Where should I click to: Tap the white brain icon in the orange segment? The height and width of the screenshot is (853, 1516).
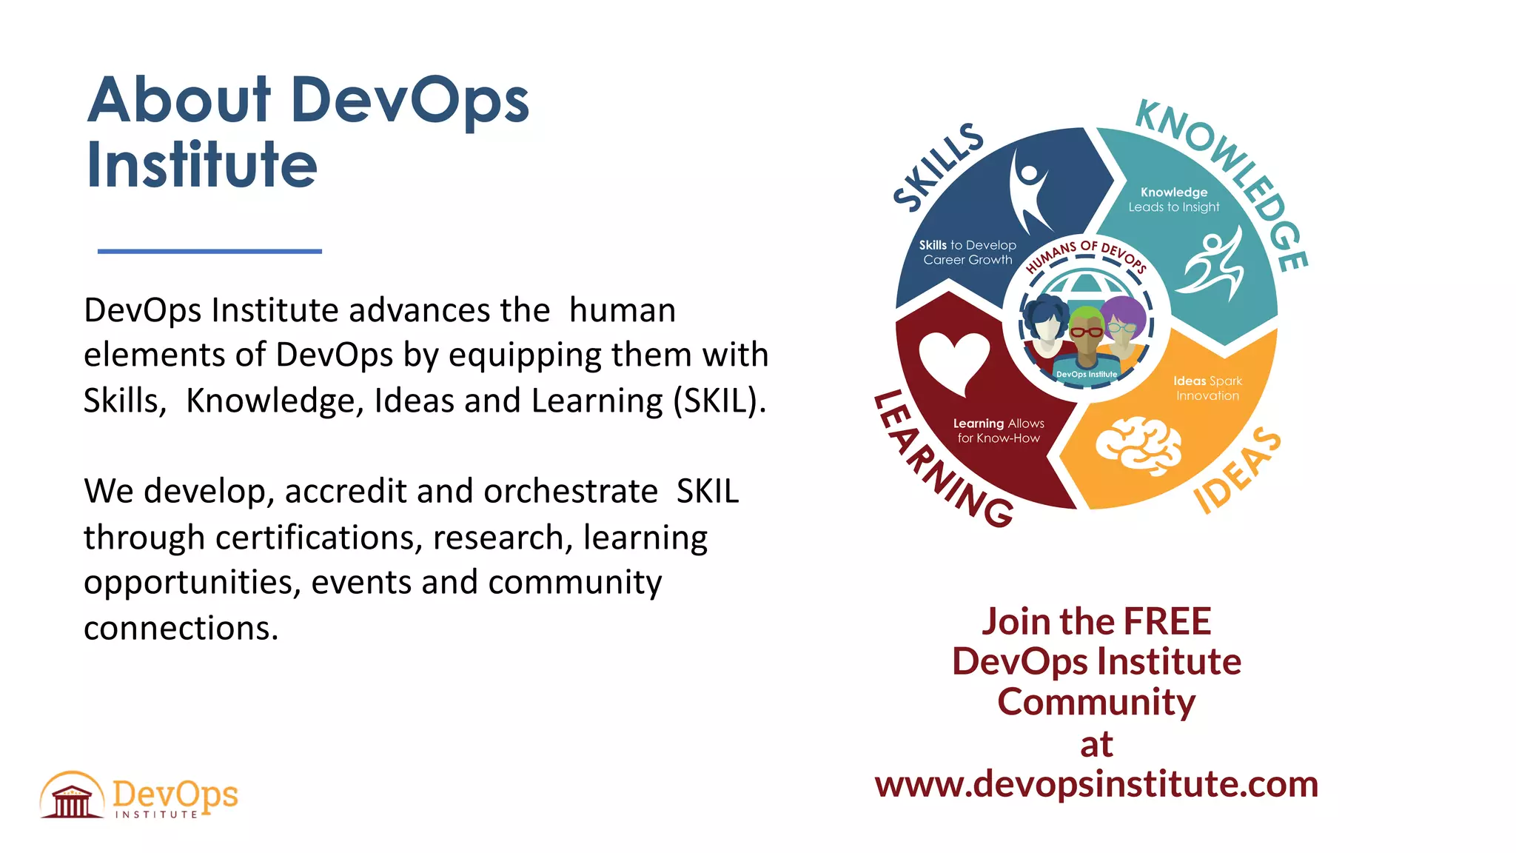click(x=1138, y=444)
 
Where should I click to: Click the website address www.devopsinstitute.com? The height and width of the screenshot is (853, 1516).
click(x=1096, y=784)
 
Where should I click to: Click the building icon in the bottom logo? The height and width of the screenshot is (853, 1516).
click(x=72, y=796)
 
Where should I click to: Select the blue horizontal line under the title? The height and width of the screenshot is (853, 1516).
click(x=209, y=252)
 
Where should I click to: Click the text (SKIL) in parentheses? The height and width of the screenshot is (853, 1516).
click(x=719, y=401)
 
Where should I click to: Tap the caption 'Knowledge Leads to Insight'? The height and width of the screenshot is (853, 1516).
click(x=1173, y=200)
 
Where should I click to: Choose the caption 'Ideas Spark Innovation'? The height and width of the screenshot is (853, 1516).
click(x=1207, y=388)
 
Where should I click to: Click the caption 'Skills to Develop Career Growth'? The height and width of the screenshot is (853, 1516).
click(x=967, y=252)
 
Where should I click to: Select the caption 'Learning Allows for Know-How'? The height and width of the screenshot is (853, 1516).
click(x=999, y=430)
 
